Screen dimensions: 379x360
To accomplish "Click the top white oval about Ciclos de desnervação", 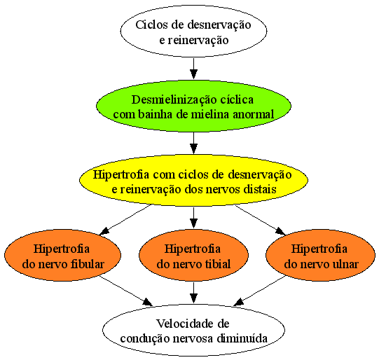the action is click(x=193, y=32).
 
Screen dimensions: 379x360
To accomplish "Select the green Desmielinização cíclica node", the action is click(x=193, y=106).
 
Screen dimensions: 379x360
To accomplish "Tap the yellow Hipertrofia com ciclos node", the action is click(x=193, y=181).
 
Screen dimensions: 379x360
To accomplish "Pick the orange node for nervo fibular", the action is click(x=62, y=255).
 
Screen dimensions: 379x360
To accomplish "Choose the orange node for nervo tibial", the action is click(x=193, y=255).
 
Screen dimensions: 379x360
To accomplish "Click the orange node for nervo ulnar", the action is click(x=321, y=255).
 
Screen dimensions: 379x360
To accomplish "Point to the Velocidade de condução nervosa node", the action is click(x=193, y=330).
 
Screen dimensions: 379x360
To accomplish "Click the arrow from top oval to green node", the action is click(x=193, y=69).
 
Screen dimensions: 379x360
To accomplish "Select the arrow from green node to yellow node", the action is click(x=193, y=143).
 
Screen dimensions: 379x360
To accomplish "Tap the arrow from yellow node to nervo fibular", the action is click(x=125, y=220).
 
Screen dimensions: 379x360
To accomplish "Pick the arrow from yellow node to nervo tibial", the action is click(x=193, y=218).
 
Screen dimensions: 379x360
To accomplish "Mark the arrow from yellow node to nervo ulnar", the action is click(x=261, y=220).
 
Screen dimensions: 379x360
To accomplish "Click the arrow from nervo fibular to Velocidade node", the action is click(x=126, y=291).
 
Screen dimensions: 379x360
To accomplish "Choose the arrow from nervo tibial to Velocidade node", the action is click(x=193, y=292).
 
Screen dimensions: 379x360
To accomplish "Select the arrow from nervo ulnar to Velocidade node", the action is click(x=260, y=291).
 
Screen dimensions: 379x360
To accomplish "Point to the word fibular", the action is click(x=88, y=264).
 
